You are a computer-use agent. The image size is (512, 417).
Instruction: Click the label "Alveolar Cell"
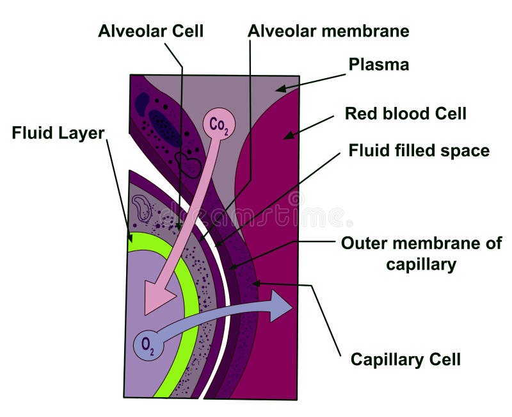tap(150, 31)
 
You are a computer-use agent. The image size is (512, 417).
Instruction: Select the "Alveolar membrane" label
tap(328, 31)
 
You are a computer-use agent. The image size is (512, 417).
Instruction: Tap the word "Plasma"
tap(378, 65)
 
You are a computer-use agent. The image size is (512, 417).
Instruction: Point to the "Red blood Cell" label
tap(405, 114)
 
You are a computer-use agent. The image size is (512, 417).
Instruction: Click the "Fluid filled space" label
tap(419, 151)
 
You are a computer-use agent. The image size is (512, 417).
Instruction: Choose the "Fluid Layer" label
tap(58, 134)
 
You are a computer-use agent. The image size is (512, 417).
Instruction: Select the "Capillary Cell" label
tap(405, 359)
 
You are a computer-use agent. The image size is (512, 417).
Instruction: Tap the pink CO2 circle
tap(219, 124)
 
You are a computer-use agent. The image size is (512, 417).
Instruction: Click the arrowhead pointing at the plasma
tap(280, 88)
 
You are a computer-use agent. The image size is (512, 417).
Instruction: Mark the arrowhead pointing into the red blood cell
tap(289, 135)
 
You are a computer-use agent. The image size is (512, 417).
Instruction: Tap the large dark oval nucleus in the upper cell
tap(165, 128)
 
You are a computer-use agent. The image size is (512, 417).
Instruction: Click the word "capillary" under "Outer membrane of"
tap(420, 264)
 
